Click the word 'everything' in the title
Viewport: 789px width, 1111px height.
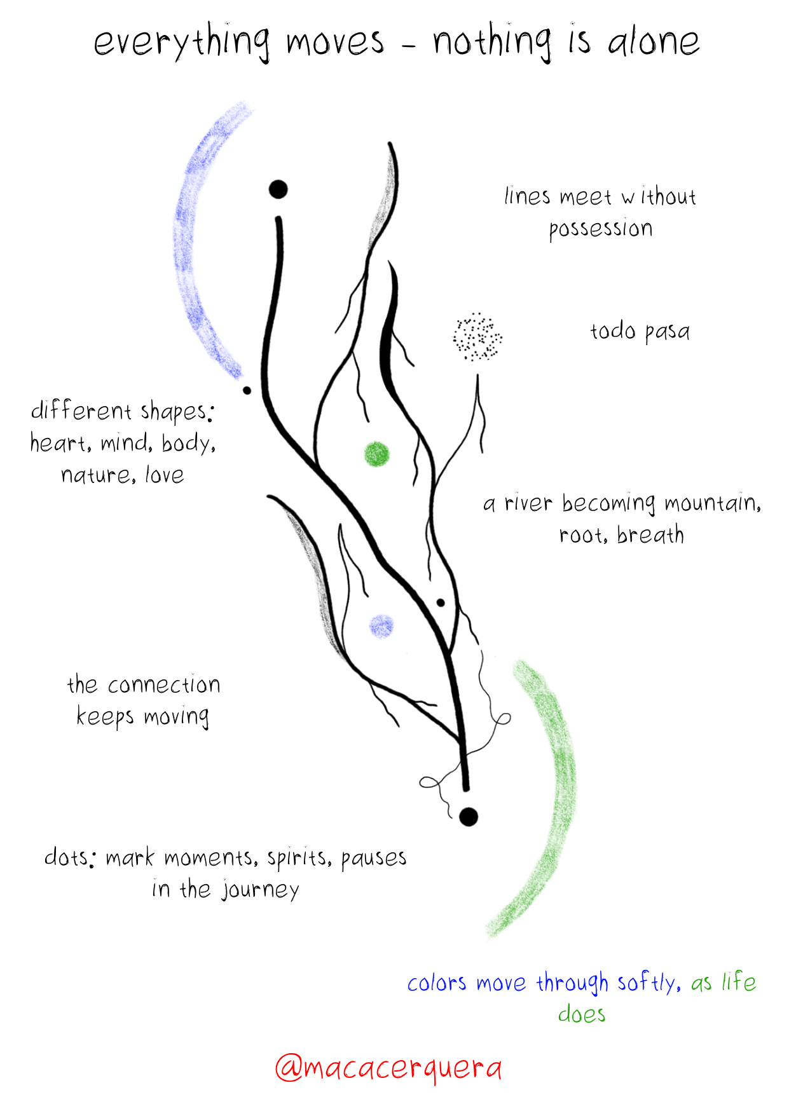tap(182, 43)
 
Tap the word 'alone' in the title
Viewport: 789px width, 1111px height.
tap(654, 42)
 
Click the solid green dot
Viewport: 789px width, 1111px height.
tap(376, 454)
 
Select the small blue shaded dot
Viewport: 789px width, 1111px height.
tap(381, 626)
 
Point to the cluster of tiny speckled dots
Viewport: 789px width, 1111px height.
tap(477, 337)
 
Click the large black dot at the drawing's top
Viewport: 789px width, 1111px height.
tap(278, 189)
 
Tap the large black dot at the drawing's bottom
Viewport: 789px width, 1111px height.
tap(469, 817)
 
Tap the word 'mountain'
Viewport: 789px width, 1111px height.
tap(712, 504)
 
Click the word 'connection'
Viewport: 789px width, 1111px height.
tap(164, 685)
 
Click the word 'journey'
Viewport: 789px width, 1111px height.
tap(261, 890)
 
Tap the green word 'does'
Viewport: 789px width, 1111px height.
tap(582, 1014)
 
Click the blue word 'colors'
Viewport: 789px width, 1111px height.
tap(437, 983)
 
